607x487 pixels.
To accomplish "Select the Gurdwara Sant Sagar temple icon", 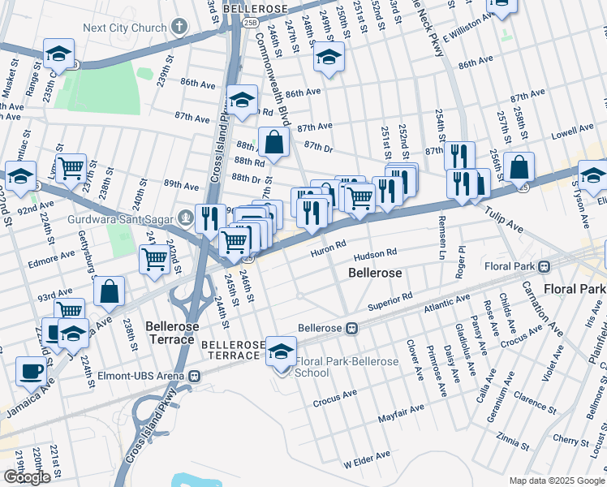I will pos(186,217).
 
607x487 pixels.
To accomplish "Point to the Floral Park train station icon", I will pos(547,266).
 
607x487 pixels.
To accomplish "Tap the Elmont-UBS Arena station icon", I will pos(194,376).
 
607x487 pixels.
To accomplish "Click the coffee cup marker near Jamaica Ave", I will pos(32,370).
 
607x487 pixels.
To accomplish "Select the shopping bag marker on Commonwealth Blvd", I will pos(275,142).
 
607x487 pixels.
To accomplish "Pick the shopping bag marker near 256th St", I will pos(519,168).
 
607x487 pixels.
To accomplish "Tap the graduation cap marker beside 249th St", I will pos(329,57).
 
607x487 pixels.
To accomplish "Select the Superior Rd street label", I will pos(390,300).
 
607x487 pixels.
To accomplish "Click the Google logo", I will pos(27,477).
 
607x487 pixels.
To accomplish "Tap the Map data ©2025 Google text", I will pos(555,480).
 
